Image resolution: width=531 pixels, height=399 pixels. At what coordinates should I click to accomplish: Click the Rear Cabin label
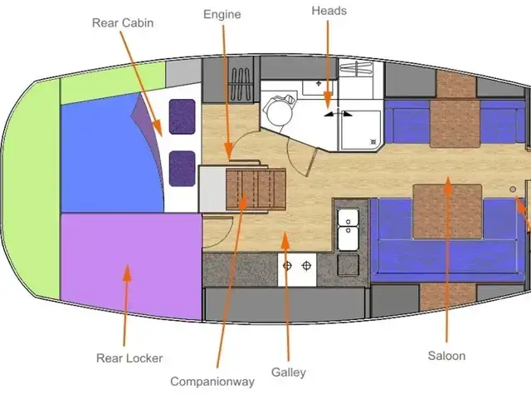(x=123, y=22)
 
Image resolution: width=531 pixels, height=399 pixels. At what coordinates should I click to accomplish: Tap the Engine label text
(x=222, y=15)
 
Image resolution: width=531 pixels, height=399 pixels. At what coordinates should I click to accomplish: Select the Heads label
(x=329, y=11)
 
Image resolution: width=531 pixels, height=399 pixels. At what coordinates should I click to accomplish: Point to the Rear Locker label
(x=129, y=358)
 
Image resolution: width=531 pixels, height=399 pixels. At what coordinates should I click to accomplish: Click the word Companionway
(x=212, y=382)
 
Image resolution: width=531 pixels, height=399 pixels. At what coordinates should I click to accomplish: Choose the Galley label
(x=289, y=372)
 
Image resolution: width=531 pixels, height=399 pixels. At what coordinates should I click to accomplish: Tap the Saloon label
(x=446, y=356)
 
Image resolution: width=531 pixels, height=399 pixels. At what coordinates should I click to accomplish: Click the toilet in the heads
(x=280, y=110)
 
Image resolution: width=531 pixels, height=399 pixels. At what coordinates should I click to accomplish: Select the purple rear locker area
(x=131, y=266)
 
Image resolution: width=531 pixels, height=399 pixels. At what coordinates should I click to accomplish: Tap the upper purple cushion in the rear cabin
(x=183, y=116)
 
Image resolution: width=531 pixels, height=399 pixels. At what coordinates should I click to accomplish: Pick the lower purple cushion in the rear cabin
(x=183, y=169)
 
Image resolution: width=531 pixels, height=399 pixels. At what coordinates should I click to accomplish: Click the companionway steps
(x=256, y=189)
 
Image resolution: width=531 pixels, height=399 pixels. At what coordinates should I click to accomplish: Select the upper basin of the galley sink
(x=348, y=217)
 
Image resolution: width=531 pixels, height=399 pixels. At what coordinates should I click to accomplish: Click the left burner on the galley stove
(x=287, y=266)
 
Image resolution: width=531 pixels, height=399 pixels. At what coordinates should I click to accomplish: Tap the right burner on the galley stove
(x=306, y=266)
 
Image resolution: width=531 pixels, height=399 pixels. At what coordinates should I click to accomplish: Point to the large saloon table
(x=447, y=211)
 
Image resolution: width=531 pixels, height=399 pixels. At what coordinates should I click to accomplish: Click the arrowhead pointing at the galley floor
(x=285, y=240)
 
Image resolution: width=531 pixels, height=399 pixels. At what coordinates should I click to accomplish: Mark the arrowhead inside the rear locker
(x=127, y=273)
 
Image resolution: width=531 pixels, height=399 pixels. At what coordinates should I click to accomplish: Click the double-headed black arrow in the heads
(x=338, y=114)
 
